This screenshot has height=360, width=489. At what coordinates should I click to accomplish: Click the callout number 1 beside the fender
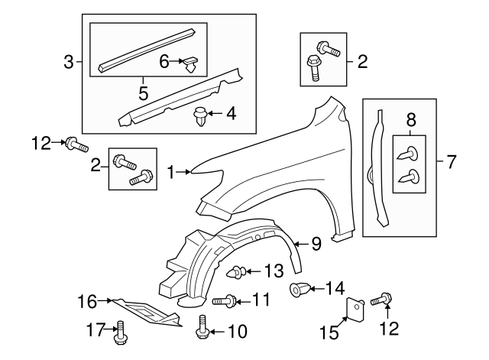[171, 173]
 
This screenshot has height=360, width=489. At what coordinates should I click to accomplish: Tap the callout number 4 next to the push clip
[230, 115]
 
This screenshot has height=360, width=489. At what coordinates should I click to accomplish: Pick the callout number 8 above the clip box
[410, 119]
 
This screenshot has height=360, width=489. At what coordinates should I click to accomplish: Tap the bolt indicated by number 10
[202, 327]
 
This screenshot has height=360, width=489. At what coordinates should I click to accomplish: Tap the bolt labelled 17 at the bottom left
[120, 331]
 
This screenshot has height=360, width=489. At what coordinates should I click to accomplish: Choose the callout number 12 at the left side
[40, 141]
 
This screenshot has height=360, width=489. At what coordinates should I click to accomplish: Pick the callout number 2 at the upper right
[361, 62]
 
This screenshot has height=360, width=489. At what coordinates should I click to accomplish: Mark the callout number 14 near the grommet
[335, 288]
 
